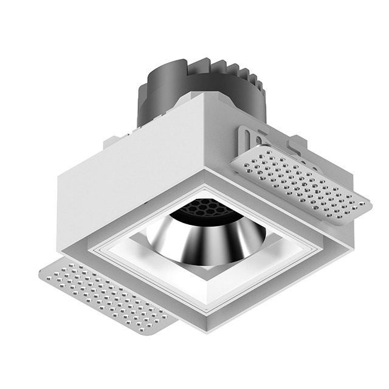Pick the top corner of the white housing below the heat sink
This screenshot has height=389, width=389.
pyautogui.click(x=201, y=97)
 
